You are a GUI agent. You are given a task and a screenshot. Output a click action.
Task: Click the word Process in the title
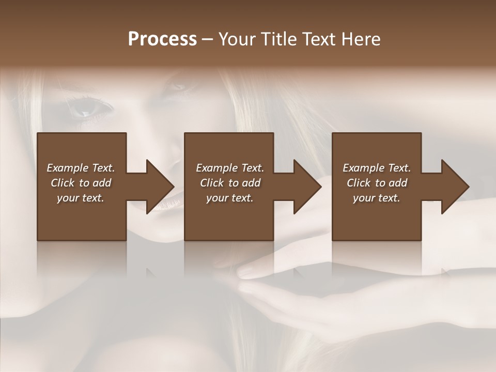click(162, 39)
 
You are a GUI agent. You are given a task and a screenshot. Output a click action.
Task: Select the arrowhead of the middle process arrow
click(306, 187)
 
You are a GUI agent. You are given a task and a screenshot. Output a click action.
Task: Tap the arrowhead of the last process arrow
click(455, 187)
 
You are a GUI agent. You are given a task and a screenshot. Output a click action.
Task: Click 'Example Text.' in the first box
click(81, 168)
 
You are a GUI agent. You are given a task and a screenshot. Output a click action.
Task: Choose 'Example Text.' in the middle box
click(230, 168)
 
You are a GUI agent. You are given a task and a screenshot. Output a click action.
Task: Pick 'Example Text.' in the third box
click(377, 168)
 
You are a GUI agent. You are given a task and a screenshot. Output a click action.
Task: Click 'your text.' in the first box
click(81, 198)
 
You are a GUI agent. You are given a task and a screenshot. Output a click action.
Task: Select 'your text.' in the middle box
click(230, 198)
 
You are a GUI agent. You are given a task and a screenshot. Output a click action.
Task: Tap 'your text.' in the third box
click(377, 198)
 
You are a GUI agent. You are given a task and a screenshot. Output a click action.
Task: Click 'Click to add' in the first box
click(81, 183)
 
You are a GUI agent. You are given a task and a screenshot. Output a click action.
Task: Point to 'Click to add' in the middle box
click(230, 183)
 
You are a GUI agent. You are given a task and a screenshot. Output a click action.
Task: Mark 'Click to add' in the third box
click(377, 183)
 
